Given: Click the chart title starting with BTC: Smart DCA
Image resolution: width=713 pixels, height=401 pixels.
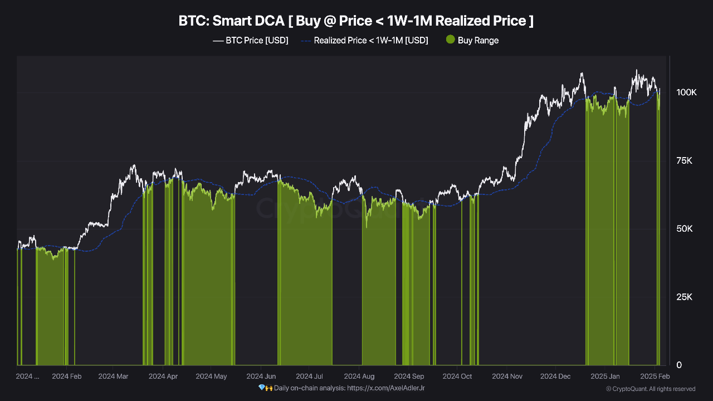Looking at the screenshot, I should tap(356, 21).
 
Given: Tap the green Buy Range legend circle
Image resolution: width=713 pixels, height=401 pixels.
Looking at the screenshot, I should tap(451, 40).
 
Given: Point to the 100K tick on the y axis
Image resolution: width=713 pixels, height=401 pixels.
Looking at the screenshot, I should tap(686, 92).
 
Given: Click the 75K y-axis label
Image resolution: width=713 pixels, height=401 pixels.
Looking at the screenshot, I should tap(683, 161).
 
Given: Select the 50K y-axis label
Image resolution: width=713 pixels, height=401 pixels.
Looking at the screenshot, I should tap(683, 229).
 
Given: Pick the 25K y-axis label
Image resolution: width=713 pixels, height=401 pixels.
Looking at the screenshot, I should tap(683, 297).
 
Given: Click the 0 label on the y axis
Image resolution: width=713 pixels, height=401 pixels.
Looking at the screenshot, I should tap(678, 365).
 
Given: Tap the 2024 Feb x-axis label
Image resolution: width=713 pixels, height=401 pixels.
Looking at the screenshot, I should tap(66, 376).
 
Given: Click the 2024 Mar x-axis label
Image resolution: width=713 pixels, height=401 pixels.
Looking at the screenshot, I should tap(113, 376).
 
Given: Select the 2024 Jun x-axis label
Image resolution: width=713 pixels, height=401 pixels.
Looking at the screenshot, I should tap(261, 376).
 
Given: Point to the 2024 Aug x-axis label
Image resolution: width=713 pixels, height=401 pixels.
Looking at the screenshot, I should tap(359, 376).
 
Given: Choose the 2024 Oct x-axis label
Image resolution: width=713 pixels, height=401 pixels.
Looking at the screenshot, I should tap(457, 376).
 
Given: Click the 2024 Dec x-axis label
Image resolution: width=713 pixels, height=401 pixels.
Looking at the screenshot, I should tap(556, 376).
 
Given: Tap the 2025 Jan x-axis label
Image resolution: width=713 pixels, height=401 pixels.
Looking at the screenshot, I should tap(604, 376).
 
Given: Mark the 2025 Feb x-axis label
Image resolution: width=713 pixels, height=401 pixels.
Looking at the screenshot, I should tap(655, 376).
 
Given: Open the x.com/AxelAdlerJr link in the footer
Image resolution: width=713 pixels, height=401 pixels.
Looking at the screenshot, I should tap(385, 388).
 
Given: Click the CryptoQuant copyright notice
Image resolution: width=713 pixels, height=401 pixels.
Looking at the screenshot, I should tap(651, 389).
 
